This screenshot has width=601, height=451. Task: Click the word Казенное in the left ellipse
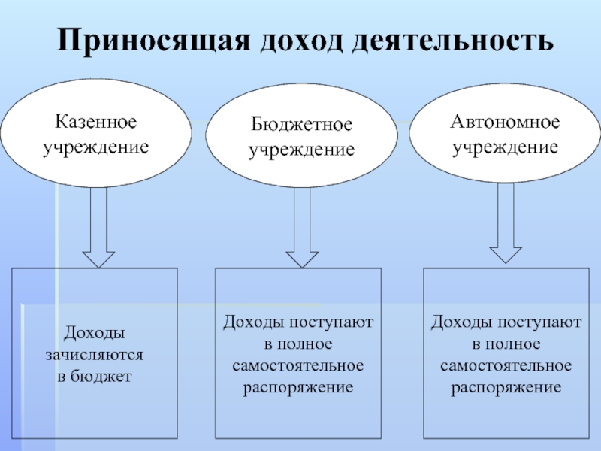pyautogui.click(x=95, y=121)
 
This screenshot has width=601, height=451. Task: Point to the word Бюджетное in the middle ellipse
pyautogui.click(x=301, y=124)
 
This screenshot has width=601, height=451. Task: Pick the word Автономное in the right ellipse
pyautogui.click(x=505, y=121)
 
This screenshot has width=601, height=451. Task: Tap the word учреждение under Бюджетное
pyautogui.click(x=301, y=149)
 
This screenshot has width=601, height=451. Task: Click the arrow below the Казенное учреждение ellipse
pyautogui.click(x=97, y=225)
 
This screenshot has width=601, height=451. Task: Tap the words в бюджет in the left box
pyautogui.click(x=95, y=374)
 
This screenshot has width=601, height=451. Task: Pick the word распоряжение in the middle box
pyautogui.click(x=298, y=387)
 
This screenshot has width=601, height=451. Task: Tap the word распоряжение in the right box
pyautogui.click(x=506, y=387)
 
